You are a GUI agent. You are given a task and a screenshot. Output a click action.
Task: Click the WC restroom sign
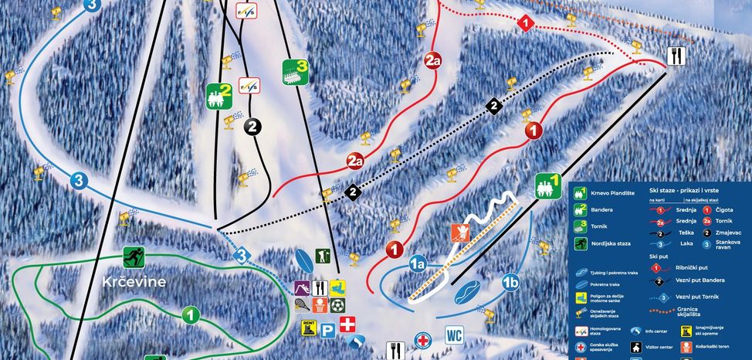453,336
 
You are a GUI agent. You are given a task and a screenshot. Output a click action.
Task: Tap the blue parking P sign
327,329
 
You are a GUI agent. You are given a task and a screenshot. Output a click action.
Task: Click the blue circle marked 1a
418,263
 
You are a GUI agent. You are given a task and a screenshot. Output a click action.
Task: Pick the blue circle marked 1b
510,281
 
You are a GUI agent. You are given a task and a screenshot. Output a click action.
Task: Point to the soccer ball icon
337,305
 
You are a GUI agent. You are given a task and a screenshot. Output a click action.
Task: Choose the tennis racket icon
302,304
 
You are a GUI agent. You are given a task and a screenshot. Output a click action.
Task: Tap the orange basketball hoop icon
319,305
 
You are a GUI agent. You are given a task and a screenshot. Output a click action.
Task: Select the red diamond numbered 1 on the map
527,23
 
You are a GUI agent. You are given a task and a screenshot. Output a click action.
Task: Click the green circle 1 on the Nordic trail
191,314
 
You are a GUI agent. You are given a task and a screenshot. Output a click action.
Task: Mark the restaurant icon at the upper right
677,55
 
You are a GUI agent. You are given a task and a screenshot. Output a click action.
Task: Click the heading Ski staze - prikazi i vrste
680,189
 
